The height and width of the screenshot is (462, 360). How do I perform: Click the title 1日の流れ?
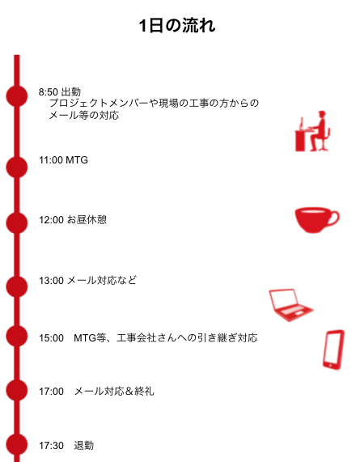177,25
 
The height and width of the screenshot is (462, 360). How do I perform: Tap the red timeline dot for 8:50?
17,96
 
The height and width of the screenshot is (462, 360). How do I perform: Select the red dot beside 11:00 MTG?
17,167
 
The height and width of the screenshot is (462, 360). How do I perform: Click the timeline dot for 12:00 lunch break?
17,223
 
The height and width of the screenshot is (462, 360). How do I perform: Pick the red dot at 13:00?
17,286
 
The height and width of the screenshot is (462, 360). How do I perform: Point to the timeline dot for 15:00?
17,337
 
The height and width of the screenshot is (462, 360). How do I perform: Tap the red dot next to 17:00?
17,391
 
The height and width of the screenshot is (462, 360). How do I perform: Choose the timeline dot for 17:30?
17,445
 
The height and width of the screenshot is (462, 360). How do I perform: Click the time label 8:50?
49,92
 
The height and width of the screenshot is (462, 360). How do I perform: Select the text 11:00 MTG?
63,160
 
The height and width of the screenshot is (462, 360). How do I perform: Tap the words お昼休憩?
87,219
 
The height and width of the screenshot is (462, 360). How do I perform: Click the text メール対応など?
102,280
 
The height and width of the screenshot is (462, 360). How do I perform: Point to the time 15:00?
51,338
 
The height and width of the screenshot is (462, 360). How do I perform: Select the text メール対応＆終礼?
114,392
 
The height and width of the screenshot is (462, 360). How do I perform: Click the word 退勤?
84,445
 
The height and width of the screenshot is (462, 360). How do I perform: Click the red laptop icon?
290,305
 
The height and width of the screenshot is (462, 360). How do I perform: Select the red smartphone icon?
333,350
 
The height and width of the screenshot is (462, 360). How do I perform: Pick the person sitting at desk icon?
312,131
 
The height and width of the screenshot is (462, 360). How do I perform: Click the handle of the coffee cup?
336,218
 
